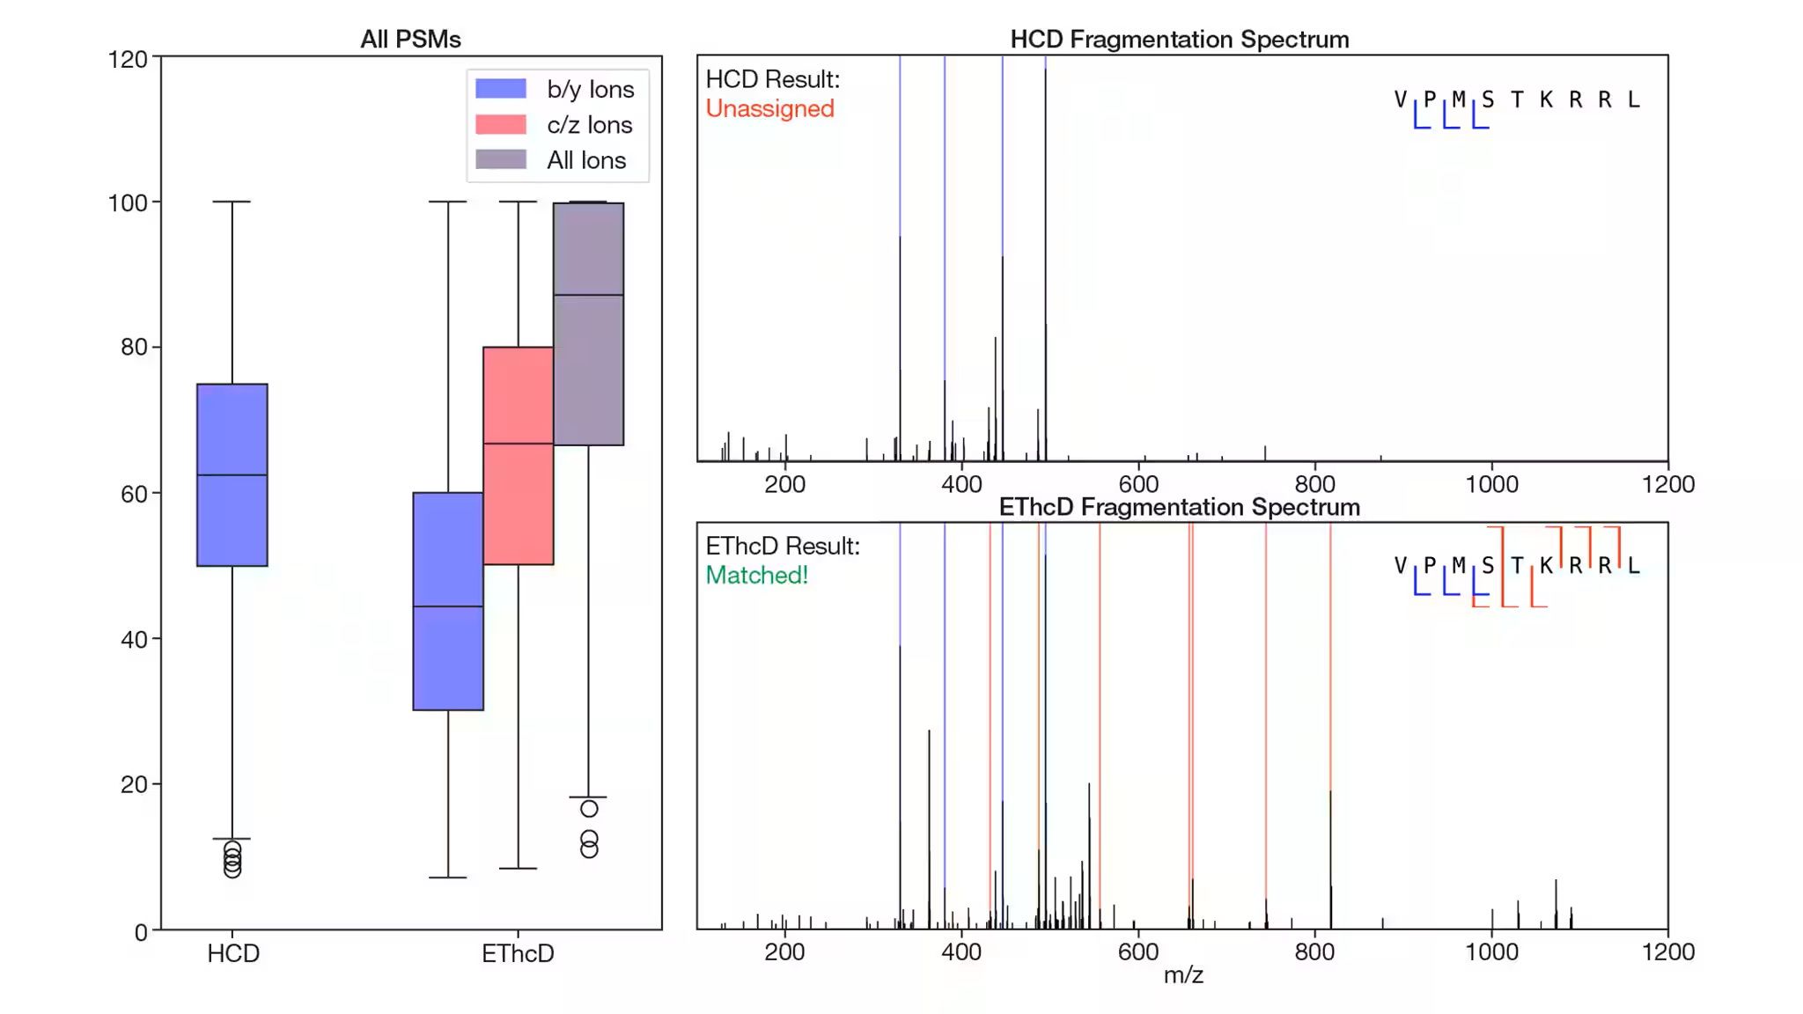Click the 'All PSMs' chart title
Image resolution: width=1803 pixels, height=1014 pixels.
click(410, 40)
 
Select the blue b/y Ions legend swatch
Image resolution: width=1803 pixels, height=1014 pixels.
click(501, 89)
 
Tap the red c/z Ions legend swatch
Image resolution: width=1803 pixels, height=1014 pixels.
click(501, 125)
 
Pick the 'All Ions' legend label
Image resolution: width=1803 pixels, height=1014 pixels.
click(586, 160)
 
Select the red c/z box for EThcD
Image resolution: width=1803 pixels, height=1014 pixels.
click(519, 511)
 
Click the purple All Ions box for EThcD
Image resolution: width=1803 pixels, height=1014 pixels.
click(589, 370)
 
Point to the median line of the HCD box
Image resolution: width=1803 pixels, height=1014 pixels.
click(232, 475)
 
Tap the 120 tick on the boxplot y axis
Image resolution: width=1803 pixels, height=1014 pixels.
click(128, 60)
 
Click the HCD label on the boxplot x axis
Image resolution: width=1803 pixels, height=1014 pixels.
click(233, 954)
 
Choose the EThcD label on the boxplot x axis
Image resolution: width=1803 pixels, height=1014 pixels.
click(518, 954)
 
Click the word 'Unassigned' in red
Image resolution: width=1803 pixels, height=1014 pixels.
click(769, 109)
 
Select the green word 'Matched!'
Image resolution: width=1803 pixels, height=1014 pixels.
click(756, 576)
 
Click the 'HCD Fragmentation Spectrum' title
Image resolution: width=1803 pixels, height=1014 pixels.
click(1179, 40)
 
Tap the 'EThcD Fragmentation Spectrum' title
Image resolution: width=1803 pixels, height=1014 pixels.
click(1179, 507)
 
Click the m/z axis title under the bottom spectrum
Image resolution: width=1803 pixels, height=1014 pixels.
click(1182, 975)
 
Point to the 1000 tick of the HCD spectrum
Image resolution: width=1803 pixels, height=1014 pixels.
click(1491, 484)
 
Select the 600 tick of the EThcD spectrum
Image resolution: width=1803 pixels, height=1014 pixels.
click(1138, 952)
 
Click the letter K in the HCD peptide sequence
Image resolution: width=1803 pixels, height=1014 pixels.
click(1546, 100)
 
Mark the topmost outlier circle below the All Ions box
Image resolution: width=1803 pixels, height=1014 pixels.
click(589, 809)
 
